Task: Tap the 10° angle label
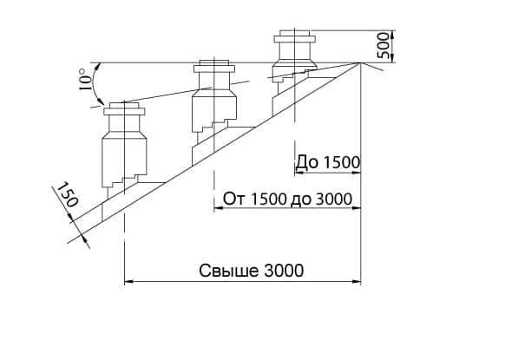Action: click(x=84, y=79)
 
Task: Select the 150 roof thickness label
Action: click(x=68, y=194)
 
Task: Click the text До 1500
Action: click(x=327, y=162)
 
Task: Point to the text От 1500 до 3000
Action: click(x=287, y=199)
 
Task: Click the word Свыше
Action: click(x=229, y=271)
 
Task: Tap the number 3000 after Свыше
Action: click(x=284, y=271)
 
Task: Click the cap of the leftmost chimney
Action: click(x=124, y=109)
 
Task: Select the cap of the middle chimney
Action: click(x=214, y=67)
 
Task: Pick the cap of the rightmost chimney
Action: click(x=295, y=36)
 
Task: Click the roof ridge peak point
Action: click(x=360, y=63)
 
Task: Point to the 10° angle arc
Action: click(x=93, y=82)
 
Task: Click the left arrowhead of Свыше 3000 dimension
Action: click(x=128, y=282)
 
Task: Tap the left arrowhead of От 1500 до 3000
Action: click(x=219, y=208)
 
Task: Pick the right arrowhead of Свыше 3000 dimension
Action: click(x=357, y=282)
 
